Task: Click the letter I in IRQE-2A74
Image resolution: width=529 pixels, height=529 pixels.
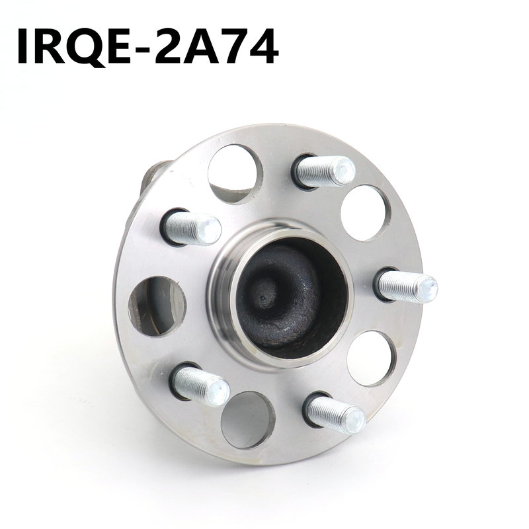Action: click(24, 46)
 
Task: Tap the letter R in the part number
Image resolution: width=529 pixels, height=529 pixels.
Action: click(50, 46)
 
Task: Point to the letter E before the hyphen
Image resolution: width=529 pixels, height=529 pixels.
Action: click(118, 46)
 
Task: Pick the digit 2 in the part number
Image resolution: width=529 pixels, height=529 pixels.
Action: click(167, 46)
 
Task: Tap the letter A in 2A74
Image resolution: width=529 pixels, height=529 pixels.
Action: click(199, 46)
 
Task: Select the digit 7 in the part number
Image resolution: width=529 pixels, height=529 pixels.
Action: click(233, 46)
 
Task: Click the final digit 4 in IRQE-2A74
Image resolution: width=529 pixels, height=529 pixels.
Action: click(263, 46)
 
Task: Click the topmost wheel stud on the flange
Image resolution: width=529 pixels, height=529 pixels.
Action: click(325, 172)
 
